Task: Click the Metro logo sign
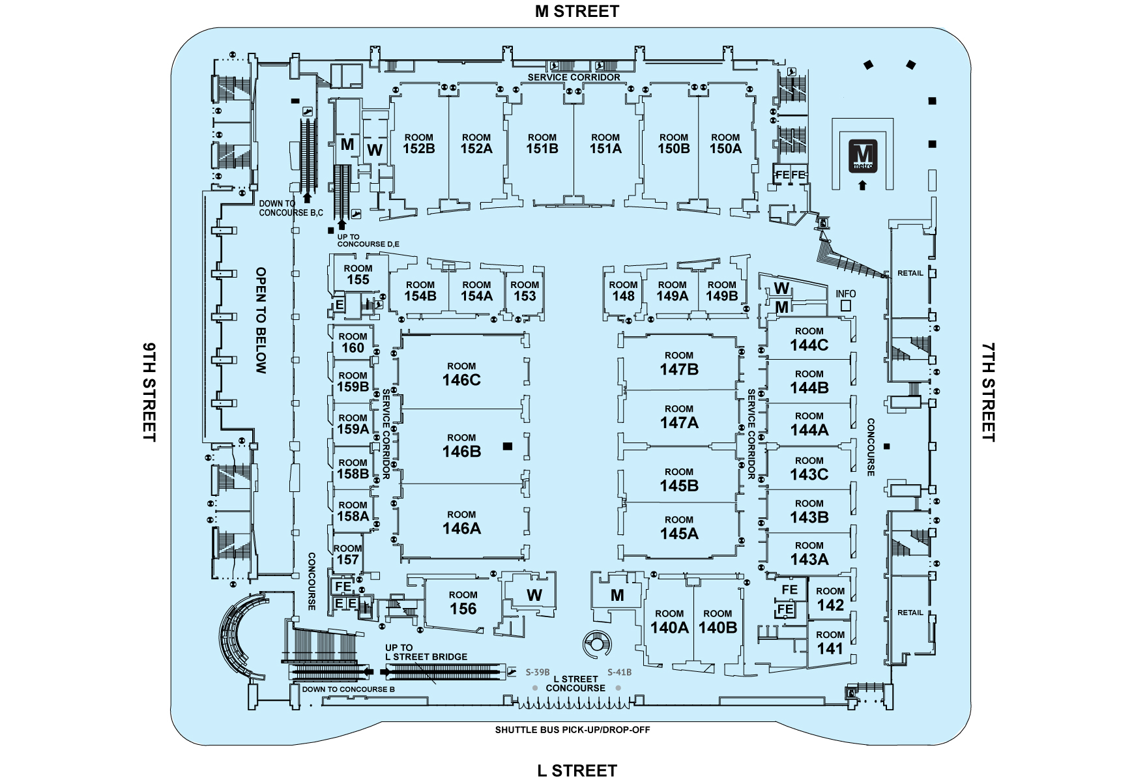862,156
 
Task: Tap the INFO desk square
845,305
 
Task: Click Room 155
358,274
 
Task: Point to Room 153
524,291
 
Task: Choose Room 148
623,291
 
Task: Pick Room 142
830,599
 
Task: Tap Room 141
830,643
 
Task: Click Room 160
353,343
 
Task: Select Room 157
347,554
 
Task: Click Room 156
463,603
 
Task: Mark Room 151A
605,143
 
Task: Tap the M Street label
577,11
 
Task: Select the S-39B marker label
538,672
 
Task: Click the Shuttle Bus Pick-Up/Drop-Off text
572,730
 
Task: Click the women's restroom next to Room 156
534,594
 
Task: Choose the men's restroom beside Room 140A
617,594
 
